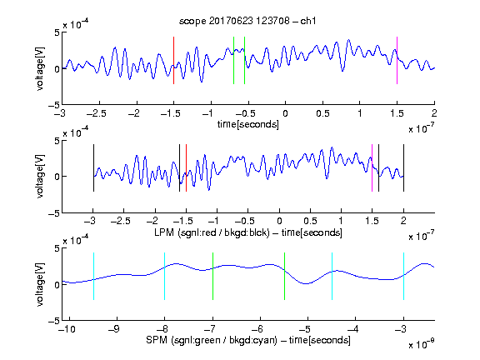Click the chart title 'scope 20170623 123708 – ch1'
pos(247,21)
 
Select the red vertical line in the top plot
pos(173,60)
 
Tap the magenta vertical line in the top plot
pos(397,60)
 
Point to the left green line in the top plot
pos(233,60)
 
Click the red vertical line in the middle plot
pos(186,168)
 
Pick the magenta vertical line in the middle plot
pos(372,168)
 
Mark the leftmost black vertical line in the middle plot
pos(93,168)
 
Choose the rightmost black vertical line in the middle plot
pos(403,168)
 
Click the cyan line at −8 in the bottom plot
pos(164,276)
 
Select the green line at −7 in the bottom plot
pos(212,276)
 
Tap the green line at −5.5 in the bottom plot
pos(284,276)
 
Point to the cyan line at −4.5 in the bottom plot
pos(332,276)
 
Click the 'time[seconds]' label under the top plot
pos(248,124)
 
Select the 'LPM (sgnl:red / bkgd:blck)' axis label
pos(212,232)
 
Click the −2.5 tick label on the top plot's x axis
pos(97,113)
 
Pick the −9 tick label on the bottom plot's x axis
pos(114,329)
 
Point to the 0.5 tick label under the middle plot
pos(310,221)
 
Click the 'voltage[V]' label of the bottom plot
pos(40,284)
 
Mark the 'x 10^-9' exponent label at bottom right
pos(421,343)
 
